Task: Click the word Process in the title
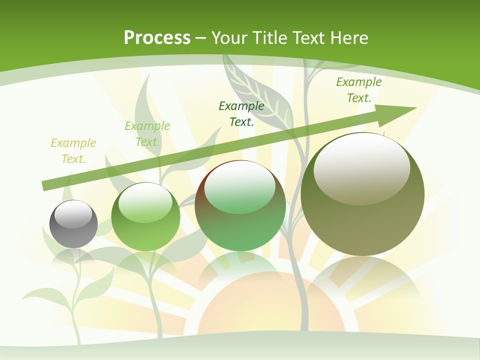pyautogui.click(x=157, y=38)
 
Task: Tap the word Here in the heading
pyautogui.click(x=349, y=38)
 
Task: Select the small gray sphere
pyautogui.click(x=73, y=224)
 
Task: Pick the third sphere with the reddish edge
pyautogui.click(x=240, y=206)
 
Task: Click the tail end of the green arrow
pyautogui.click(x=45, y=186)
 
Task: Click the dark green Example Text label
pyautogui.click(x=241, y=114)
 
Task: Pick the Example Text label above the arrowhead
pyautogui.click(x=358, y=90)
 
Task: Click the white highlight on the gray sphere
pyautogui.click(x=76, y=214)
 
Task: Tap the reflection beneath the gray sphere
pyautogui.click(x=73, y=257)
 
